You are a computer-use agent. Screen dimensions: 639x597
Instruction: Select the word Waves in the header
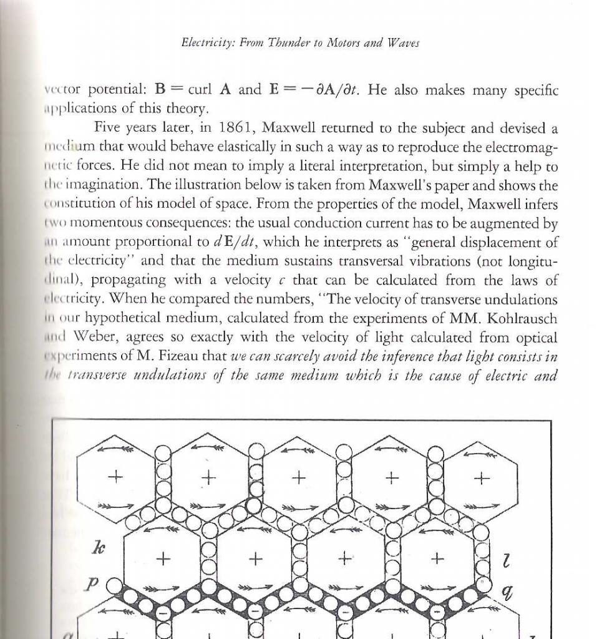403,43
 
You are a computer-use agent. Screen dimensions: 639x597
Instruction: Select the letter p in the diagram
92,583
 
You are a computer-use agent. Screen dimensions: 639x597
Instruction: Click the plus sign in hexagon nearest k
163,559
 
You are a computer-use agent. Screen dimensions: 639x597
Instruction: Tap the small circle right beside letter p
115,585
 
